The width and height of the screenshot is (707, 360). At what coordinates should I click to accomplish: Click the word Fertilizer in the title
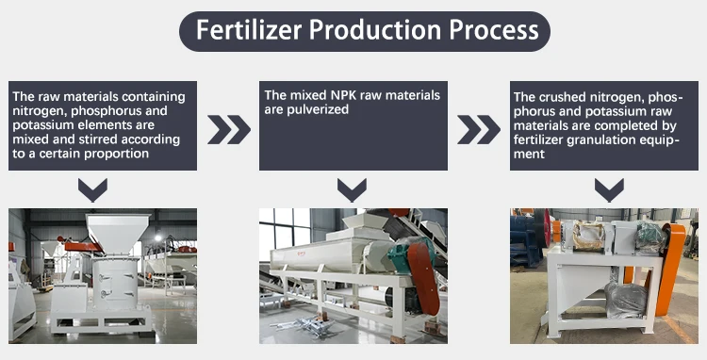pos(247,30)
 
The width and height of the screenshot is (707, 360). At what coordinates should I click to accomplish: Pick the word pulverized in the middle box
pos(317,109)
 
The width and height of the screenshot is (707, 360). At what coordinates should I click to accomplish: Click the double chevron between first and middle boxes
pos(229,129)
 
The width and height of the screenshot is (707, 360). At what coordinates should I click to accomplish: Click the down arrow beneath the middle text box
pos(352,192)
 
